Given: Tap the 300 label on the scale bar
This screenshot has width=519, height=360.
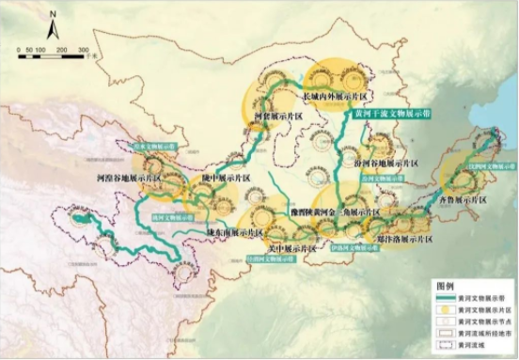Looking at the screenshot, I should (x=84, y=49).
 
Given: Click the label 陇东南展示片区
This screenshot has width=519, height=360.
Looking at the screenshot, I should (x=232, y=232).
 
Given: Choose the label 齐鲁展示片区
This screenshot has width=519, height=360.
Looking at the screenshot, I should (x=461, y=200).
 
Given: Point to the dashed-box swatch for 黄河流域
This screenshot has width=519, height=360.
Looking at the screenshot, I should (x=442, y=345).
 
